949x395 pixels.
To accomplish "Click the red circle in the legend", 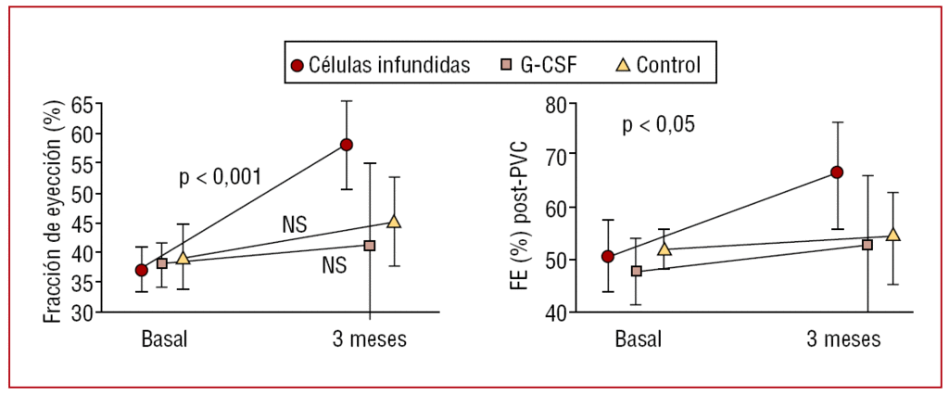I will (x=297, y=65).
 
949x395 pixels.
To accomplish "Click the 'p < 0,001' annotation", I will (x=221, y=177).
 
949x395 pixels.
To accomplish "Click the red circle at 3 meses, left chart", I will (x=347, y=145).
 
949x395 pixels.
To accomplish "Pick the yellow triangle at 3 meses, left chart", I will (x=394, y=222).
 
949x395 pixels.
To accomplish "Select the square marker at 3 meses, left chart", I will (x=370, y=246).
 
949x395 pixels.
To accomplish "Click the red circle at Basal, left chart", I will (x=141, y=270).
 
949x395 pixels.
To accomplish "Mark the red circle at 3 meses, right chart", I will (x=837, y=172).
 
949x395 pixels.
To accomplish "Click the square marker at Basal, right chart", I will (x=637, y=272).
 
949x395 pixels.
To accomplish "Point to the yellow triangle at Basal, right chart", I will (x=664, y=249).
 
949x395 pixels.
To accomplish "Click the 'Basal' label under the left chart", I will (x=164, y=338).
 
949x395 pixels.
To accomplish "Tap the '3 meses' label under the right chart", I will (x=843, y=338).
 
